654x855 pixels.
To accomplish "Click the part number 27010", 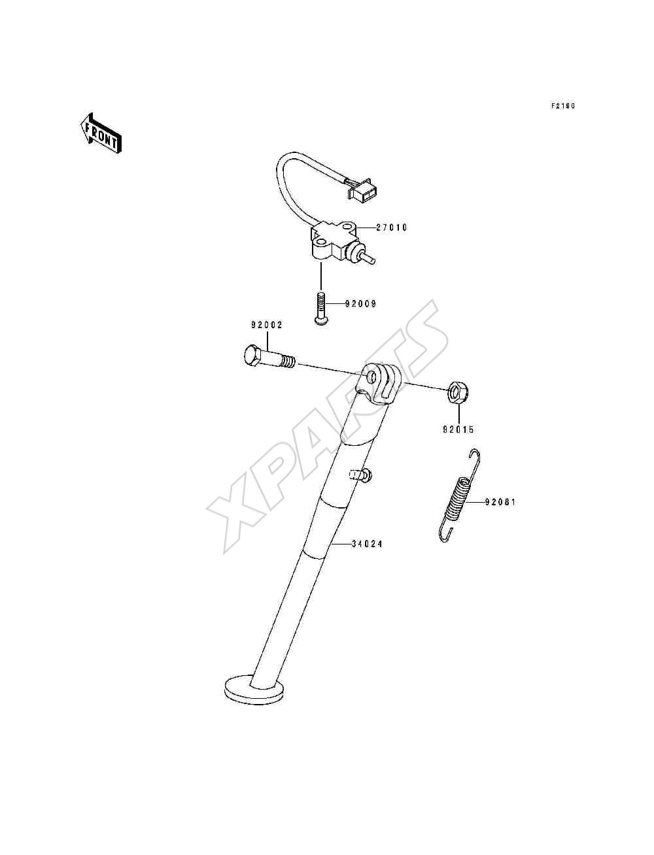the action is pyautogui.click(x=391, y=227).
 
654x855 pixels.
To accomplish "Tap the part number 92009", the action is pyautogui.click(x=360, y=304).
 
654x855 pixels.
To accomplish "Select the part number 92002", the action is pyautogui.click(x=267, y=325).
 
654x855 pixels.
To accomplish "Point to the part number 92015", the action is pyautogui.click(x=458, y=429).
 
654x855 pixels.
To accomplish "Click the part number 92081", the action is pyautogui.click(x=500, y=503).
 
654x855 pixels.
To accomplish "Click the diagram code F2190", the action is pyautogui.click(x=563, y=106).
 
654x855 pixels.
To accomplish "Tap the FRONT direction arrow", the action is pyautogui.click(x=101, y=133).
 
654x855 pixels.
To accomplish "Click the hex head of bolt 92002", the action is pyautogui.click(x=254, y=355).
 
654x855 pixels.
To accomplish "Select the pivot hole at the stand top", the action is pyautogui.click(x=372, y=377).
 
